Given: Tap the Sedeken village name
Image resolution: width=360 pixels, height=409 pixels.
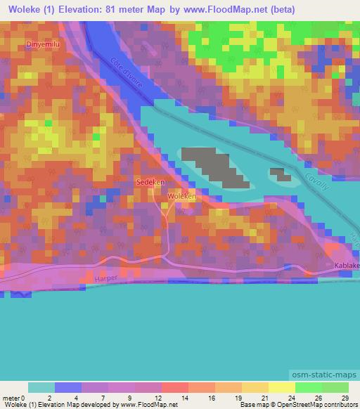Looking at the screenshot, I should coord(150,181).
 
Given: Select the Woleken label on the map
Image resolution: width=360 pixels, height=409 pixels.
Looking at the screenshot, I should coord(181,197).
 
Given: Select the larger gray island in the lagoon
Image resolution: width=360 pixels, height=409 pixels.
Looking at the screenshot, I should coord(214,166).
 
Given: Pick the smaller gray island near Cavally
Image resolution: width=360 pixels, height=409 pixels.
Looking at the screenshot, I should coord(281,174).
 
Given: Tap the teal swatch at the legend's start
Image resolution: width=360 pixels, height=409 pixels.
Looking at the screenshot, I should coord(41,387).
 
